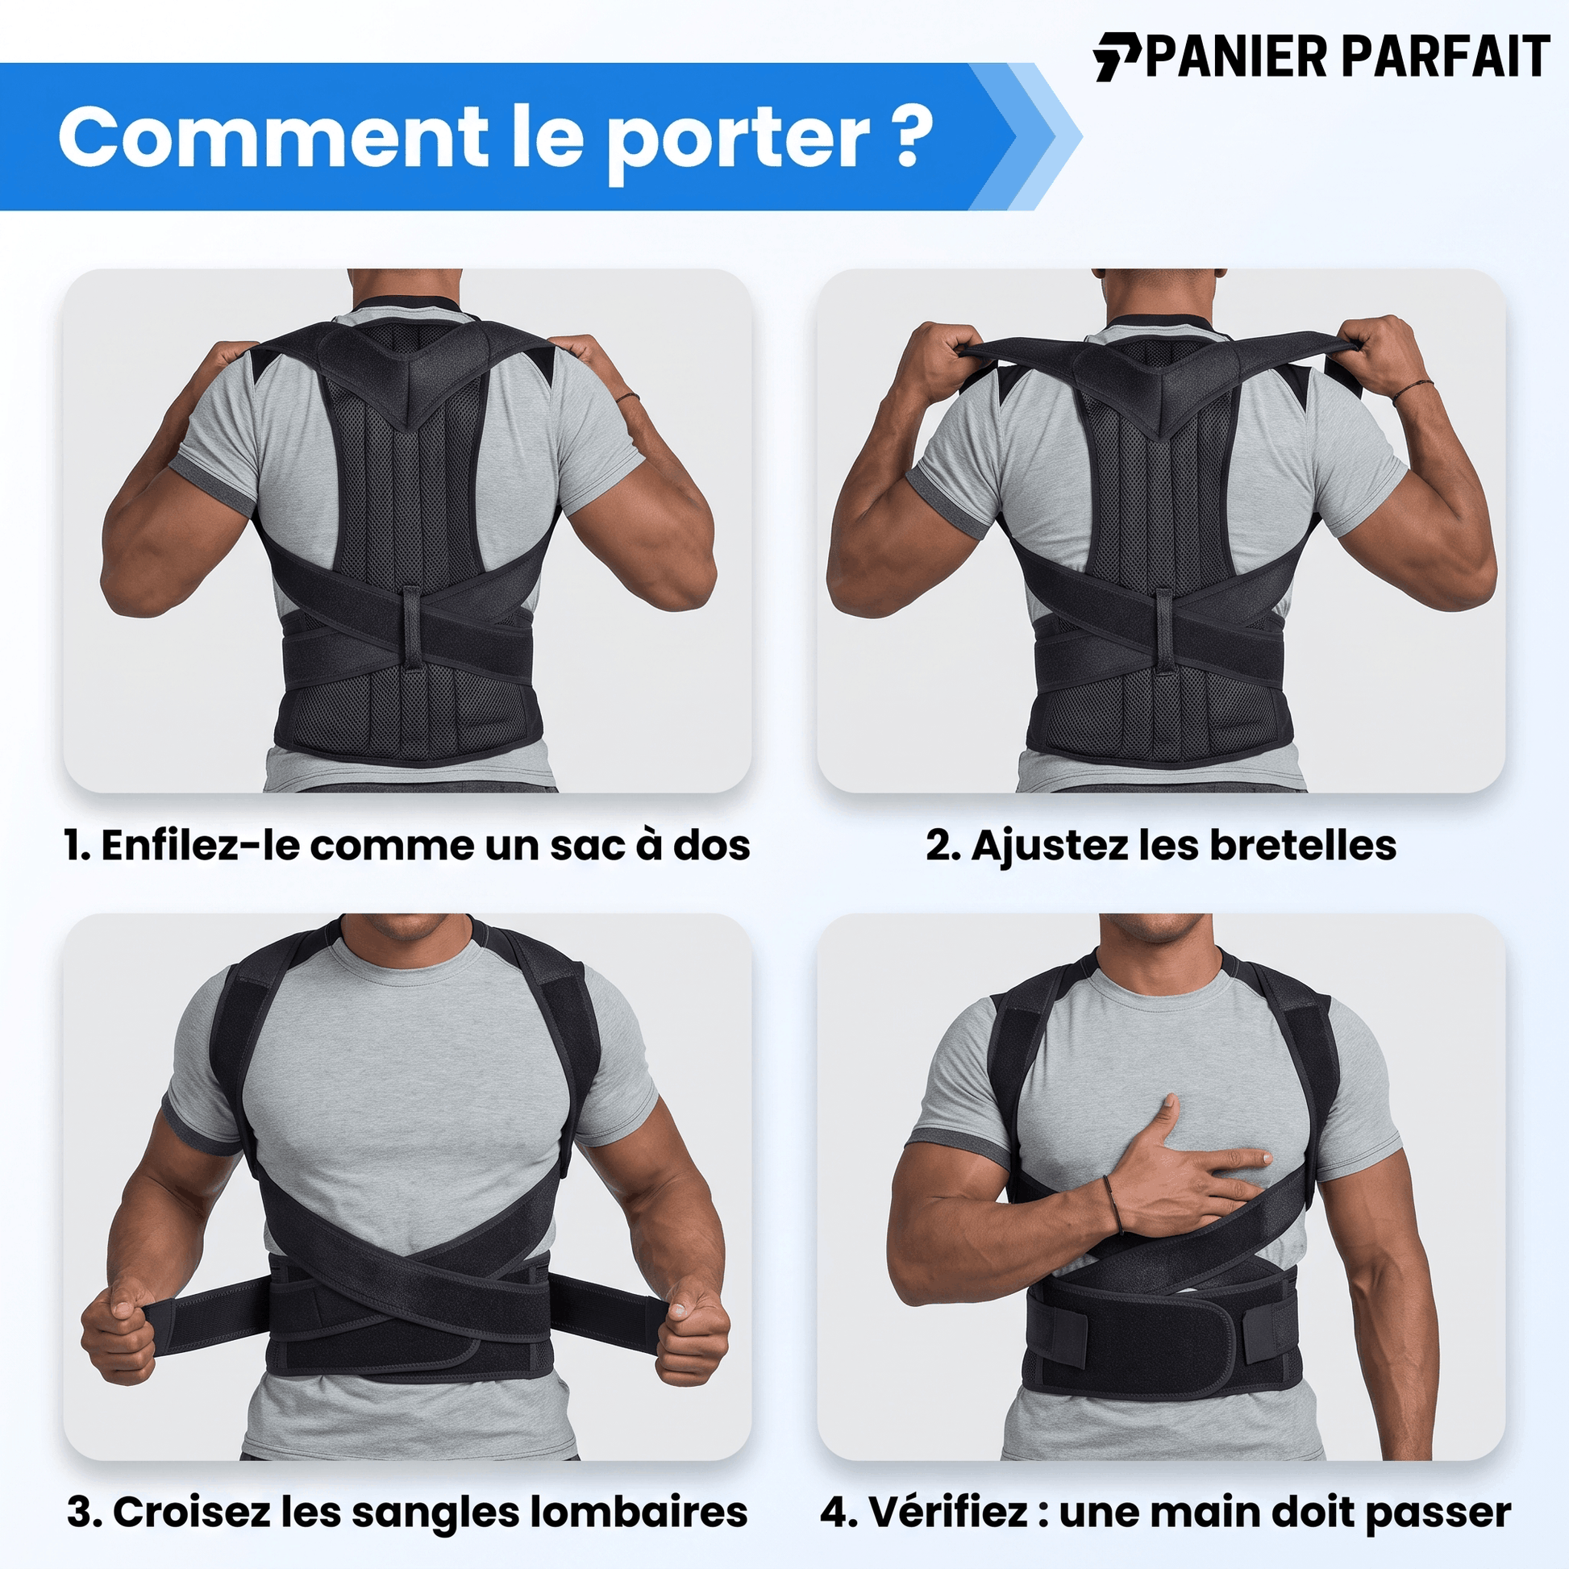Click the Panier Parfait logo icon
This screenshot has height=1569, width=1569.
coord(1117,57)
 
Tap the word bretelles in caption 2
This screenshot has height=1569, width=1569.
coord(1304,846)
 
